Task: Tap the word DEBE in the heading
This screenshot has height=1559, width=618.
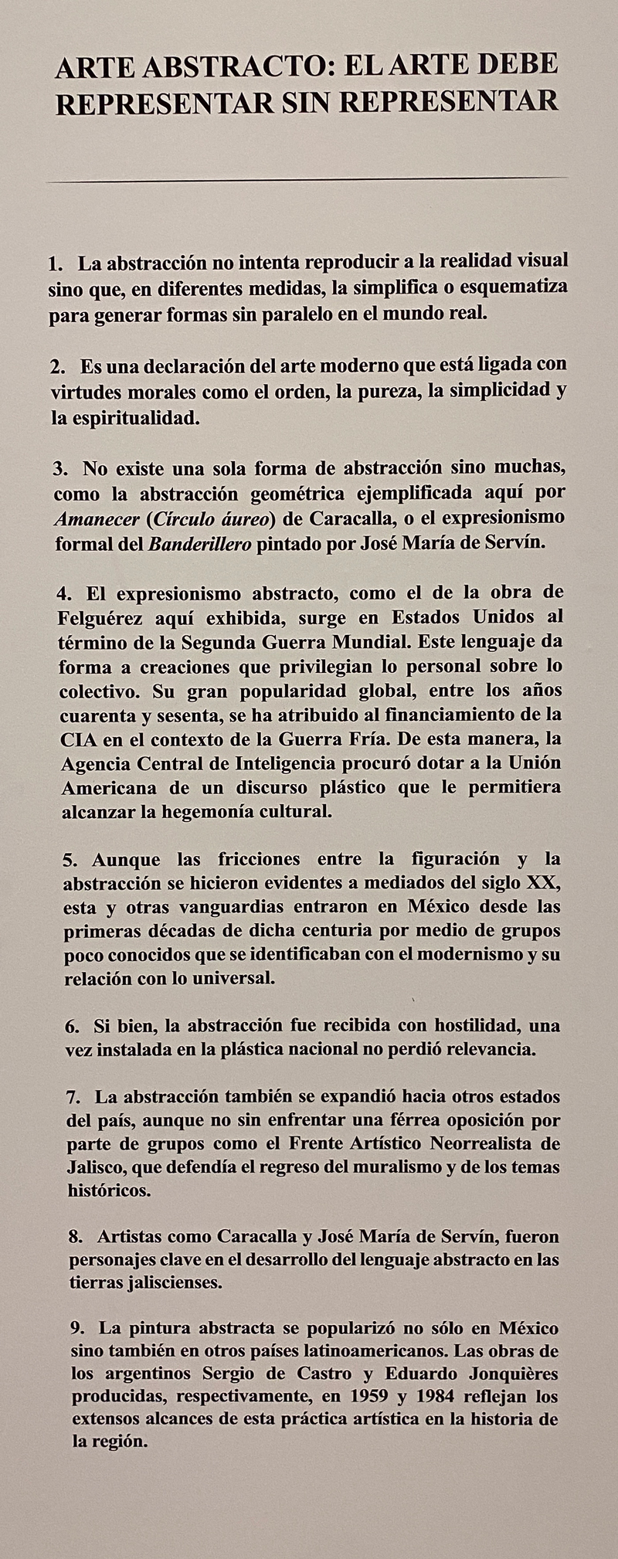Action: point(517,65)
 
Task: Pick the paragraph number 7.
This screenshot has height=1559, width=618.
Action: point(74,1097)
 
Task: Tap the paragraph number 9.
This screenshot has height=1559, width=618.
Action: point(77,1329)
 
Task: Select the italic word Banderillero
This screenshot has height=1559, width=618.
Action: point(199,543)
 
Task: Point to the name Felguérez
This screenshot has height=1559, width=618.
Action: point(100,618)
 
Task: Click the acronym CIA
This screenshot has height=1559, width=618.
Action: point(79,739)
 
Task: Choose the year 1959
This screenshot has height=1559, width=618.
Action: point(375,1398)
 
